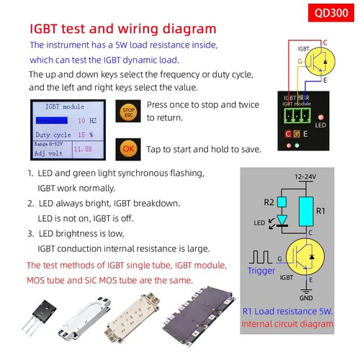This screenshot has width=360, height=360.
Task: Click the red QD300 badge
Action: pyautogui.click(x=328, y=12)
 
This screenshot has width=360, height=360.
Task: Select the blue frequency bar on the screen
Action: pyautogui.click(x=52, y=121)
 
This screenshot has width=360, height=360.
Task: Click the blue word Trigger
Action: pyautogui.click(x=261, y=271)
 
